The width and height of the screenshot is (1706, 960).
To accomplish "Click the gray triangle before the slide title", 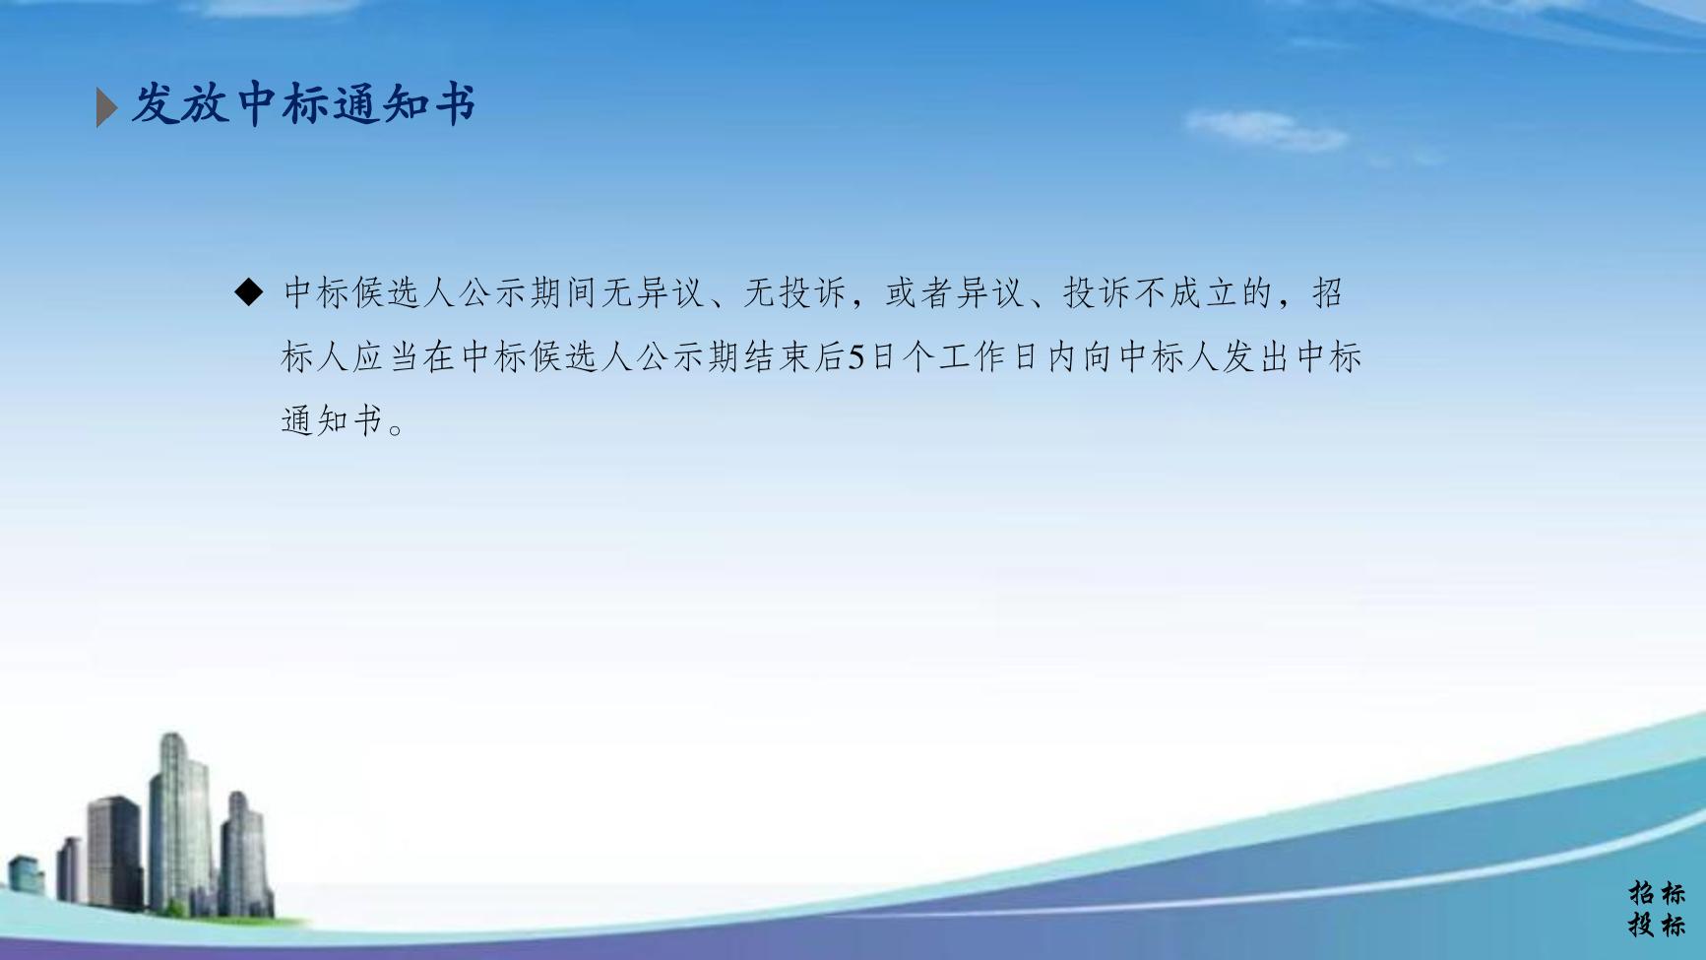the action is click(106, 106).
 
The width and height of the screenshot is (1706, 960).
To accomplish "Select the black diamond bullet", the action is click(250, 291).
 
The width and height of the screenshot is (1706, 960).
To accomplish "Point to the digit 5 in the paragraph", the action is click(856, 356).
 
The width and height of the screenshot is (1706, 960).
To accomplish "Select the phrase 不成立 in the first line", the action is click(1185, 292).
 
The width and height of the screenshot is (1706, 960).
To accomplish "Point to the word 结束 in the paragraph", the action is click(778, 356).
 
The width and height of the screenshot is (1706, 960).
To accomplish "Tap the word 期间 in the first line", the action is click(564, 292).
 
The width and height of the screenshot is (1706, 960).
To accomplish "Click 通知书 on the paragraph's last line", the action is click(332, 420).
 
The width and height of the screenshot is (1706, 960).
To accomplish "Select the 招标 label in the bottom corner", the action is click(1657, 893).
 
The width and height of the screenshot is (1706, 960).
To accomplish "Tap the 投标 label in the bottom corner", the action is click(1657, 925).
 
